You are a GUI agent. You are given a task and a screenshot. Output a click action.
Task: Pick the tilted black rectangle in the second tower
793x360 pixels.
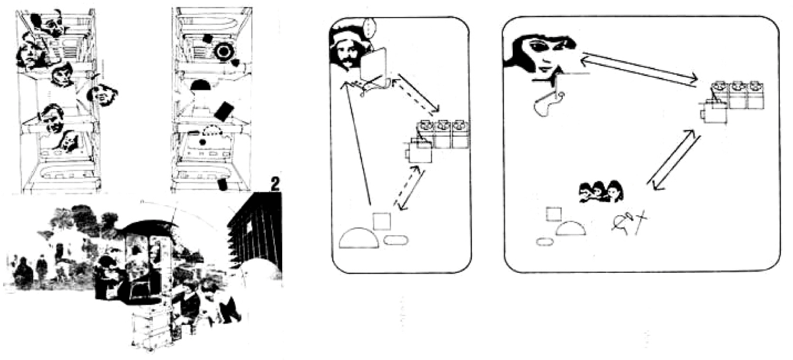click(x=225, y=109)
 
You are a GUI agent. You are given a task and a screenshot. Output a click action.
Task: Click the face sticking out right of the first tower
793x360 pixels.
click(x=104, y=94)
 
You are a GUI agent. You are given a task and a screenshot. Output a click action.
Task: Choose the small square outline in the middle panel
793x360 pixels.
click(x=381, y=221)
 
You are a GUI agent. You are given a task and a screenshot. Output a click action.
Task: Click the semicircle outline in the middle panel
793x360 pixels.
click(x=359, y=238)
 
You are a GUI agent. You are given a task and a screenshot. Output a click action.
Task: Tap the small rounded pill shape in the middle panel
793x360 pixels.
click(x=395, y=238)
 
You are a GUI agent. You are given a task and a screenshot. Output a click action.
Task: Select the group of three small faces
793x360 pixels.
click(x=601, y=191)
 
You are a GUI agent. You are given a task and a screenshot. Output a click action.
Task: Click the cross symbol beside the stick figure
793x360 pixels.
click(x=640, y=223)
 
